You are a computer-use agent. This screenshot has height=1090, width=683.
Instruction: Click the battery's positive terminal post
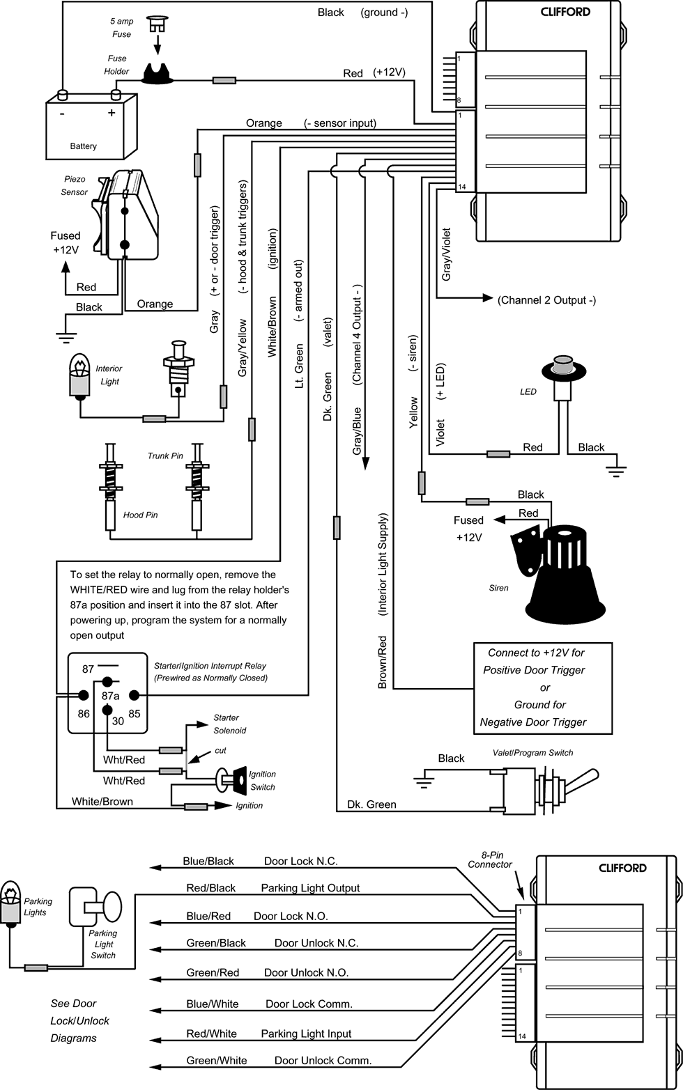coord(116,94)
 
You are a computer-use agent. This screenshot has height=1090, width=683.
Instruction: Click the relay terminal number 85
coord(134,713)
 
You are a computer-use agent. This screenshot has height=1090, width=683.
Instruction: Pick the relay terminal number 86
coord(84,713)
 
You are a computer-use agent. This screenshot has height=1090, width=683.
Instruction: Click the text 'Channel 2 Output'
coord(546,300)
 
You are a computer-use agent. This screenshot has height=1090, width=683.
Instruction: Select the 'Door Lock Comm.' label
coord(309,1004)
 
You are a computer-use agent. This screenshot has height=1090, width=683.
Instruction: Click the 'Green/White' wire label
coord(216,1061)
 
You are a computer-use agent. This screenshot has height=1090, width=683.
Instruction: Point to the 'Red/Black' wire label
coord(210,888)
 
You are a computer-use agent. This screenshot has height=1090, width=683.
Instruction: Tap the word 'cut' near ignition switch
coord(220,750)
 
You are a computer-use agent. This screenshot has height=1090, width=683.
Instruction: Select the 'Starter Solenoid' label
coord(229,724)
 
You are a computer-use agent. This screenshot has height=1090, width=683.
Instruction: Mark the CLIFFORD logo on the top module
coord(565,12)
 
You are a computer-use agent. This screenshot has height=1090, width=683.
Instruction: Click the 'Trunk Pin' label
coord(165,456)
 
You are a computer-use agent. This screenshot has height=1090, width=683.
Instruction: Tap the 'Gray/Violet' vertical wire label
coord(446,254)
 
